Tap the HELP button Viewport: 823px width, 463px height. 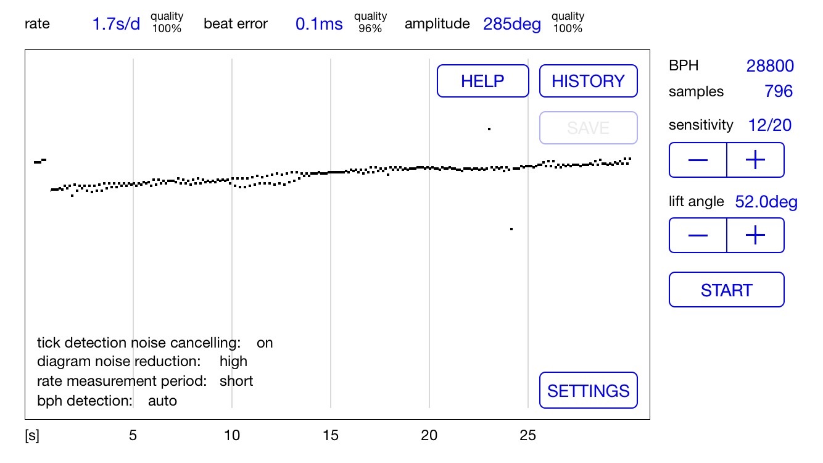[x=482, y=81]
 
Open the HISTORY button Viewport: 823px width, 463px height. [x=588, y=81]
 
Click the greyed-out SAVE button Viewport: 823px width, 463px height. [x=588, y=128]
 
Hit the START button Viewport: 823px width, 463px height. [x=726, y=290]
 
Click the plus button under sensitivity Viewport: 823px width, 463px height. [x=755, y=160]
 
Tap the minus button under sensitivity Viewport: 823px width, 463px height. [x=698, y=160]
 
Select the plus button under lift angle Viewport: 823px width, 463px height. [x=755, y=235]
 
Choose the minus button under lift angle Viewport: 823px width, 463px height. [x=698, y=235]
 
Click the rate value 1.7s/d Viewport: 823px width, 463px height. [x=116, y=24]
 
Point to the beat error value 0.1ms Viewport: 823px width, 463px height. [x=319, y=24]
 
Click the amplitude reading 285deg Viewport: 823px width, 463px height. [x=512, y=24]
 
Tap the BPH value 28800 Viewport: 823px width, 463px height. [x=769, y=66]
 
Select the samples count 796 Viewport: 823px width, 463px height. [x=779, y=92]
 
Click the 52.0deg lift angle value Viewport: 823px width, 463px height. [x=766, y=202]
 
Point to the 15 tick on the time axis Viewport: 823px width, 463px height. [x=331, y=436]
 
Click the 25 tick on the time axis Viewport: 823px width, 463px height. [x=528, y=436]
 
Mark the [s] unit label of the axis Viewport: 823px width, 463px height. [x=31, y=436]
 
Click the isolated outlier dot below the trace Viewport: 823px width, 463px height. [x=511, y=229]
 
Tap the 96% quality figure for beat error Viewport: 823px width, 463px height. [x=370, y=28]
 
